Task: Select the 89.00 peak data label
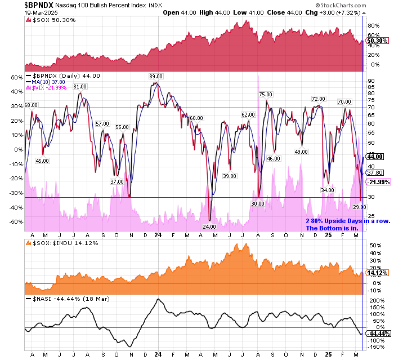click(x=156, y=76)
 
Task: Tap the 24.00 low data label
click(x=209, y=226)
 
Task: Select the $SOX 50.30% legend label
click(x=51, y=21)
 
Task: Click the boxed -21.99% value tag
click(x=375, y=183)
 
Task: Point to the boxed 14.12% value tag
click(x=375, y=273)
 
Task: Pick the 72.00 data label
click(x=319, y=99)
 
